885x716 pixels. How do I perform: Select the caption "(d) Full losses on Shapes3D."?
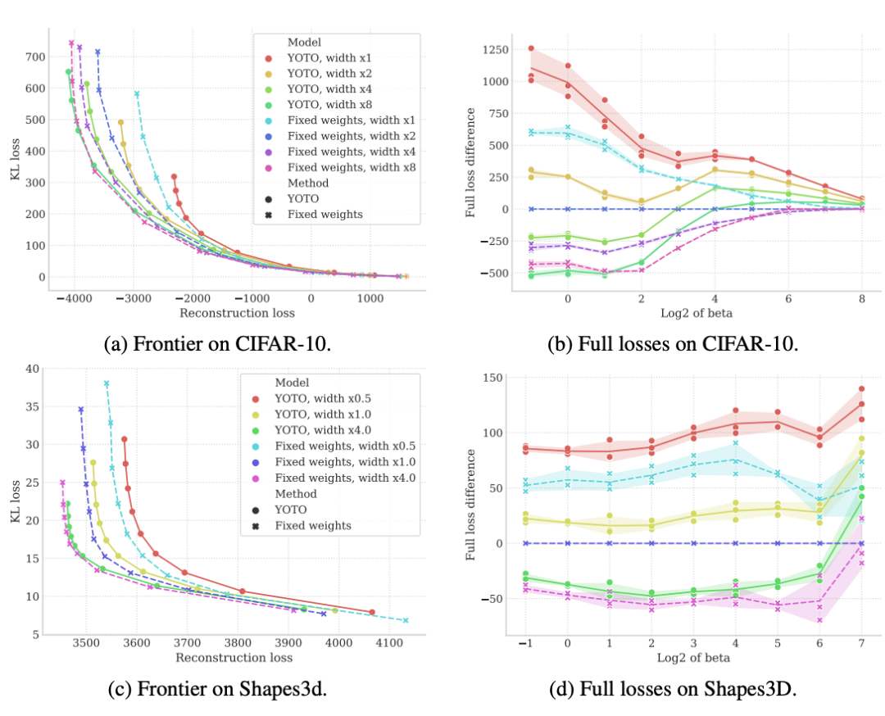coord(672,690)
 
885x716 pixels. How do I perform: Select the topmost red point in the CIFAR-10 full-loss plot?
coord(531,48)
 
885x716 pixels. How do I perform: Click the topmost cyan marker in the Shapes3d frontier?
coord(106,384)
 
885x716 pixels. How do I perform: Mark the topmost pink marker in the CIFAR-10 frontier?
coord(71,43)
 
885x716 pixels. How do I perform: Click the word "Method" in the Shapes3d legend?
coord(295,495)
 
